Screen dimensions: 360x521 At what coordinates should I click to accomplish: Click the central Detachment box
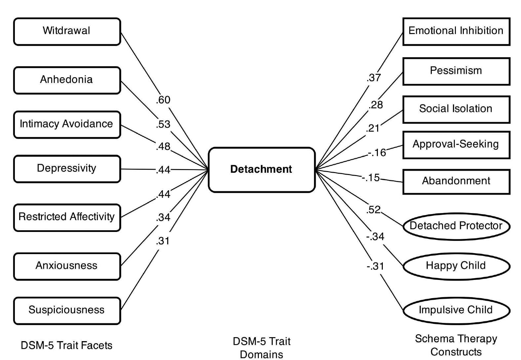tap(261, 169)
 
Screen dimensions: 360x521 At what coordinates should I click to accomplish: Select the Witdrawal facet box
tap(67, 31)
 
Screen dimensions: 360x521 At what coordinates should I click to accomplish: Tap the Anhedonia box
tap(67, 80)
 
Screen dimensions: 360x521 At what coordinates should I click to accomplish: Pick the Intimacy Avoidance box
tap(67, 124)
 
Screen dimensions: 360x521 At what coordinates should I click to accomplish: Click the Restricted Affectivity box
tap(67, 217)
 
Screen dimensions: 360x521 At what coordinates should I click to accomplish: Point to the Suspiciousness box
tap(67, 310)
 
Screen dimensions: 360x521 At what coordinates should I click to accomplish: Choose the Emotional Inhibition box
tap(456, 31)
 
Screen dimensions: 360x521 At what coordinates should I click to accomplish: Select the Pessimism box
tap(456, 71)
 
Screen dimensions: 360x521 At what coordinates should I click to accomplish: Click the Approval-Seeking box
tap(456, 145)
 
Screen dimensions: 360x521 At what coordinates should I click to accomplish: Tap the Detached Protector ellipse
tap(456, 226)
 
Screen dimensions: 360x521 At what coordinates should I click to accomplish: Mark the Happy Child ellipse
tap(456, 266)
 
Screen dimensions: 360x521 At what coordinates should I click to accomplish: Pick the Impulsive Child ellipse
tap(456, 310)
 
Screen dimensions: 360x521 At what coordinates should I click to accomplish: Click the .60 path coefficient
tap(163, 100)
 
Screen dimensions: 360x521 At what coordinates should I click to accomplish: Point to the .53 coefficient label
tap(163, 124)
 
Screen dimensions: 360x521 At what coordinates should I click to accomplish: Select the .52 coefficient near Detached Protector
tap(374, 209)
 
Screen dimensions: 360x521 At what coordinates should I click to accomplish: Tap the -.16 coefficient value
tap(377, 153)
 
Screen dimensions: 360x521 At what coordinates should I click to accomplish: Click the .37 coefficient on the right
tap(374, 78)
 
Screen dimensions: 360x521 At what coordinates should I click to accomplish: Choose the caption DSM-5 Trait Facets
tap(66, 345)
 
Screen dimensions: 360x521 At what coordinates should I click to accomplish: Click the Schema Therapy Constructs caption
tap(456, 345)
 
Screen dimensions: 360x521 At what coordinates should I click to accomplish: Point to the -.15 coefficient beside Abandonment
tap(371, 178)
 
